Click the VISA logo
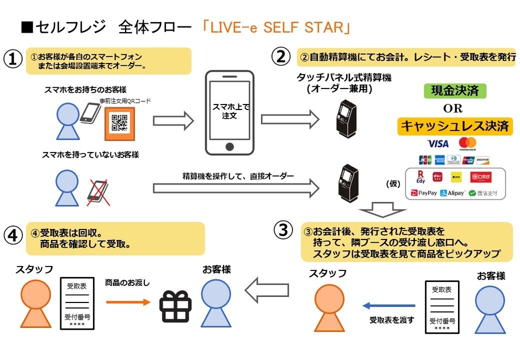click(438, 144)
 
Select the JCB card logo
click(425, 160)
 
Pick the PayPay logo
click(424, 194)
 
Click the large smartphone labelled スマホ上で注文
click(229, 112)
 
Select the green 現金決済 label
click(452, 91)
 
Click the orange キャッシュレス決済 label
click(454, 126)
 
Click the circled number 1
click(12, 59)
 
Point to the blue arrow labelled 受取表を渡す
click(388, 305)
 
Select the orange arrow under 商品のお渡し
click(128, 302)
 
